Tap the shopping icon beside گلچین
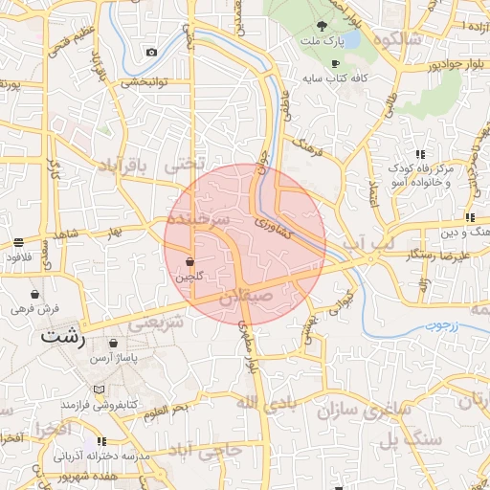189,261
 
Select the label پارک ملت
322,42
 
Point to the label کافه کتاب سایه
334,78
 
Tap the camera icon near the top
151,52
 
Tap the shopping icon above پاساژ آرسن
114,343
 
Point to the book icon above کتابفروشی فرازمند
100,390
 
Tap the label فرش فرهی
35,309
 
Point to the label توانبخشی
144,82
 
